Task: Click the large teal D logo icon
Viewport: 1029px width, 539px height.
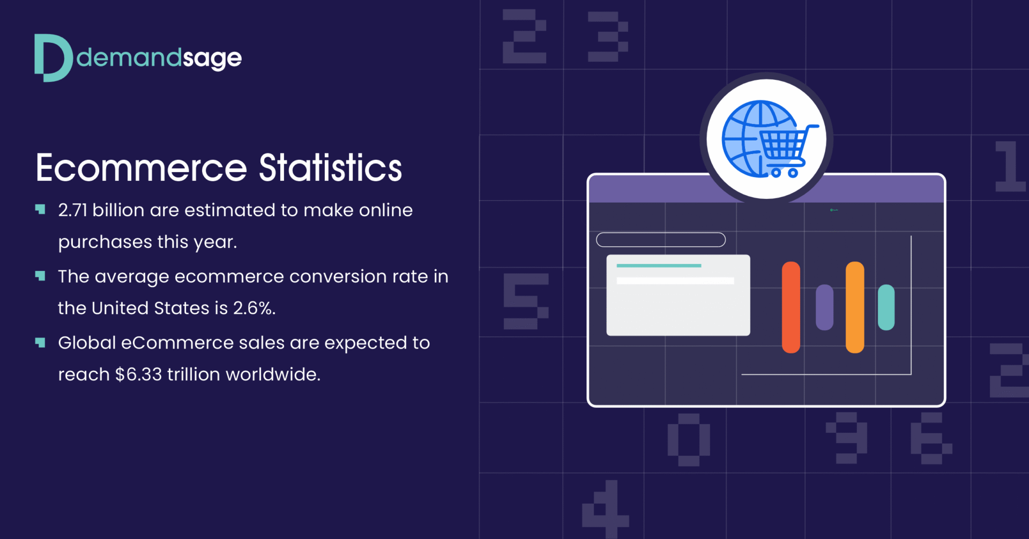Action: coord(53,58)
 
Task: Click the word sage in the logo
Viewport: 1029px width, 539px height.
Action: coord(212,58)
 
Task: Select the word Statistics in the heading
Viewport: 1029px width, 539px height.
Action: coord(330,168)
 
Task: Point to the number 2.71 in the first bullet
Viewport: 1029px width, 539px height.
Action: coord(72,210)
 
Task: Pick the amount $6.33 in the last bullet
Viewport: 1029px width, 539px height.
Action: coord(138,374)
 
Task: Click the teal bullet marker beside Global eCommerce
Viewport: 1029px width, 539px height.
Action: coord(40,342)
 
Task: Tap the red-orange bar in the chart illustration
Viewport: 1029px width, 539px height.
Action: coord(791,307)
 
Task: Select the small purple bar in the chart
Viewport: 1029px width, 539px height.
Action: coord(824,307)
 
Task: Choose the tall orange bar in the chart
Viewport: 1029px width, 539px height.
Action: coord(854,307)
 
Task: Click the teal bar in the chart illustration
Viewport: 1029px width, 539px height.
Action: coord(886,307)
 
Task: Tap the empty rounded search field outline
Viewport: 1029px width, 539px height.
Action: coord(660,240)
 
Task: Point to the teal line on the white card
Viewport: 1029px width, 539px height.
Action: coord(659,265)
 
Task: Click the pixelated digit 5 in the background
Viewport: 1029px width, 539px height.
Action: coord(525,301)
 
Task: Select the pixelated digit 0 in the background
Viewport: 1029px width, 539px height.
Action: coord(689,439)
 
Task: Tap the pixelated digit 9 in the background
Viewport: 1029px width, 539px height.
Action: coord(847,437)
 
